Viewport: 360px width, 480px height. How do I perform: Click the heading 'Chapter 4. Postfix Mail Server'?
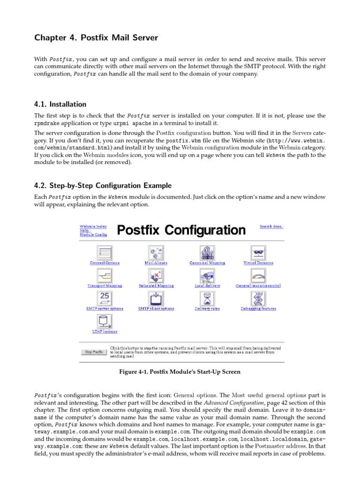point(96,38)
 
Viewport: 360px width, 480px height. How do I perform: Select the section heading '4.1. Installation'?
point(60,104)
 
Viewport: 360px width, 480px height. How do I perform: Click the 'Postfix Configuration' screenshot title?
point(181,230)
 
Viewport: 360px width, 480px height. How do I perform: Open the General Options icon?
point(105,253)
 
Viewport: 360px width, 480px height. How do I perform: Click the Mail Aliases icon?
point(156,253)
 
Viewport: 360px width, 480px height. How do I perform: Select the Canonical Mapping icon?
point(207,253)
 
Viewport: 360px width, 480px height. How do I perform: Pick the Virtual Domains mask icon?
point(258,253)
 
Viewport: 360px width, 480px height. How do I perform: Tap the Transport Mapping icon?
point(105,276)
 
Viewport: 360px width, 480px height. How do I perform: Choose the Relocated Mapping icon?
point(156,276)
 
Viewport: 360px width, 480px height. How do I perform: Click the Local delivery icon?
point(207,276)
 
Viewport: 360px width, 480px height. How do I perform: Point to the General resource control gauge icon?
point(258,276)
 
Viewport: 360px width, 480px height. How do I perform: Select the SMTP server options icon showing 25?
point(105,298)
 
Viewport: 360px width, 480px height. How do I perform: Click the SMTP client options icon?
point(156,298)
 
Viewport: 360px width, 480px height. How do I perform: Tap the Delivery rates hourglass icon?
point(207,298)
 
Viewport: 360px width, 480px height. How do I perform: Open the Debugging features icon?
point(258,298)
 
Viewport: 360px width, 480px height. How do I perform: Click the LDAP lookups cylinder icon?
point(105,322)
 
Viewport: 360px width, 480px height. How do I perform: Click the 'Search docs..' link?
point(271,226)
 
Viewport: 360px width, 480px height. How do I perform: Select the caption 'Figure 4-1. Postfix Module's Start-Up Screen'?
point(180,372)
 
